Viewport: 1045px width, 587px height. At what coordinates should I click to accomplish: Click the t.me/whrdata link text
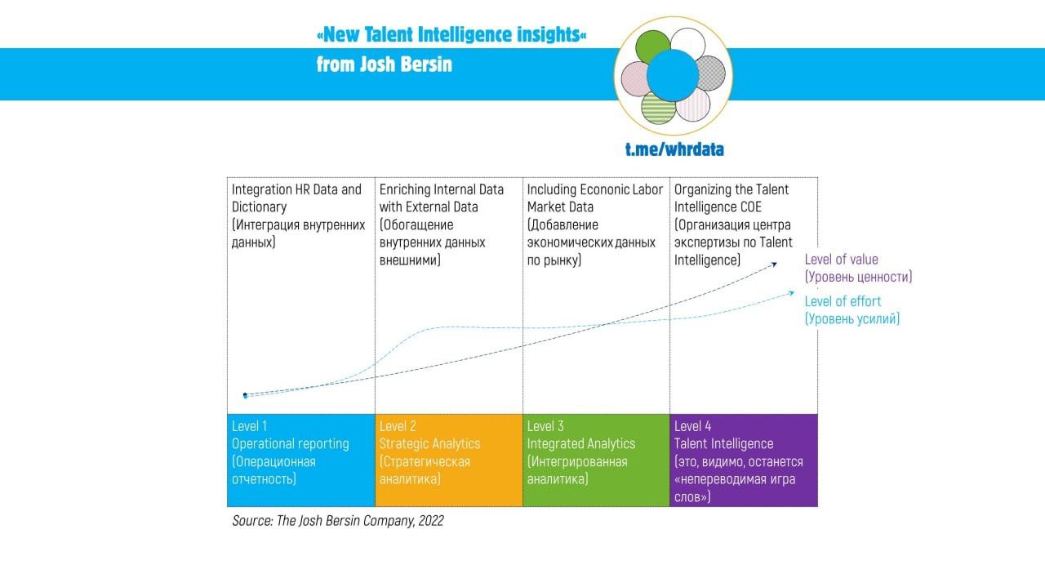(x=674, y=149)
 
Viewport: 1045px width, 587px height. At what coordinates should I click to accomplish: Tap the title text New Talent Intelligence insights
(x=451, y=35)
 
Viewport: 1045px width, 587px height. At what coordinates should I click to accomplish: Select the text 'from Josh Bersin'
(x=384, y=64)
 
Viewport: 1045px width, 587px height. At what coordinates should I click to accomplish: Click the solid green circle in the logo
(x=653, y=47)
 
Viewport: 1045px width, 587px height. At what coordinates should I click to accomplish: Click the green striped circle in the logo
(x=658, y=107)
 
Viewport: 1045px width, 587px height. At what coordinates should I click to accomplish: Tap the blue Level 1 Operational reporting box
(x=300, y=460)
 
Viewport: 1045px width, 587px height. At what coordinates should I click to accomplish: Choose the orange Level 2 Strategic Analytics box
(x=448, y=460)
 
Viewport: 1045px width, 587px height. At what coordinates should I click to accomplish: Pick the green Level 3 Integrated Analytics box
(x=596, y=460)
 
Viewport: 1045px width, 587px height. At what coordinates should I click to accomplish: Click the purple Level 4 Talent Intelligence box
(x=744, y=460)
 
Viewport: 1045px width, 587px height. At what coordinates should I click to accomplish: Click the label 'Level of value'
(x=841, y=260)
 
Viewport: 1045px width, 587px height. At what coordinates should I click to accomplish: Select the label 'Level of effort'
(x=843, y=301)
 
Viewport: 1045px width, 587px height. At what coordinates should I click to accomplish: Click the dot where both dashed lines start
(x=245, y=395)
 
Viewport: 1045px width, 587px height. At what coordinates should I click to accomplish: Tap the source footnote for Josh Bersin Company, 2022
(x=338, y=521)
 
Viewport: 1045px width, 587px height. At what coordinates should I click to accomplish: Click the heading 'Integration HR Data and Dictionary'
(x=296, y=198)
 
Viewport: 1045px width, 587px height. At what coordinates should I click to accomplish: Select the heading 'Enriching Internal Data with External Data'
(x=442, y=198)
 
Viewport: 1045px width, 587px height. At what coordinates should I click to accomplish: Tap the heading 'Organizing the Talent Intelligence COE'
(x=731, y=198)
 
